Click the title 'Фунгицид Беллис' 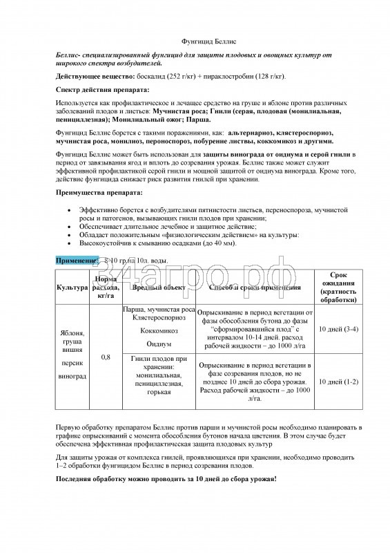pos(195,41)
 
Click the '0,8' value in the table pos(106,357)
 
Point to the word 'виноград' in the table pos(72,377)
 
